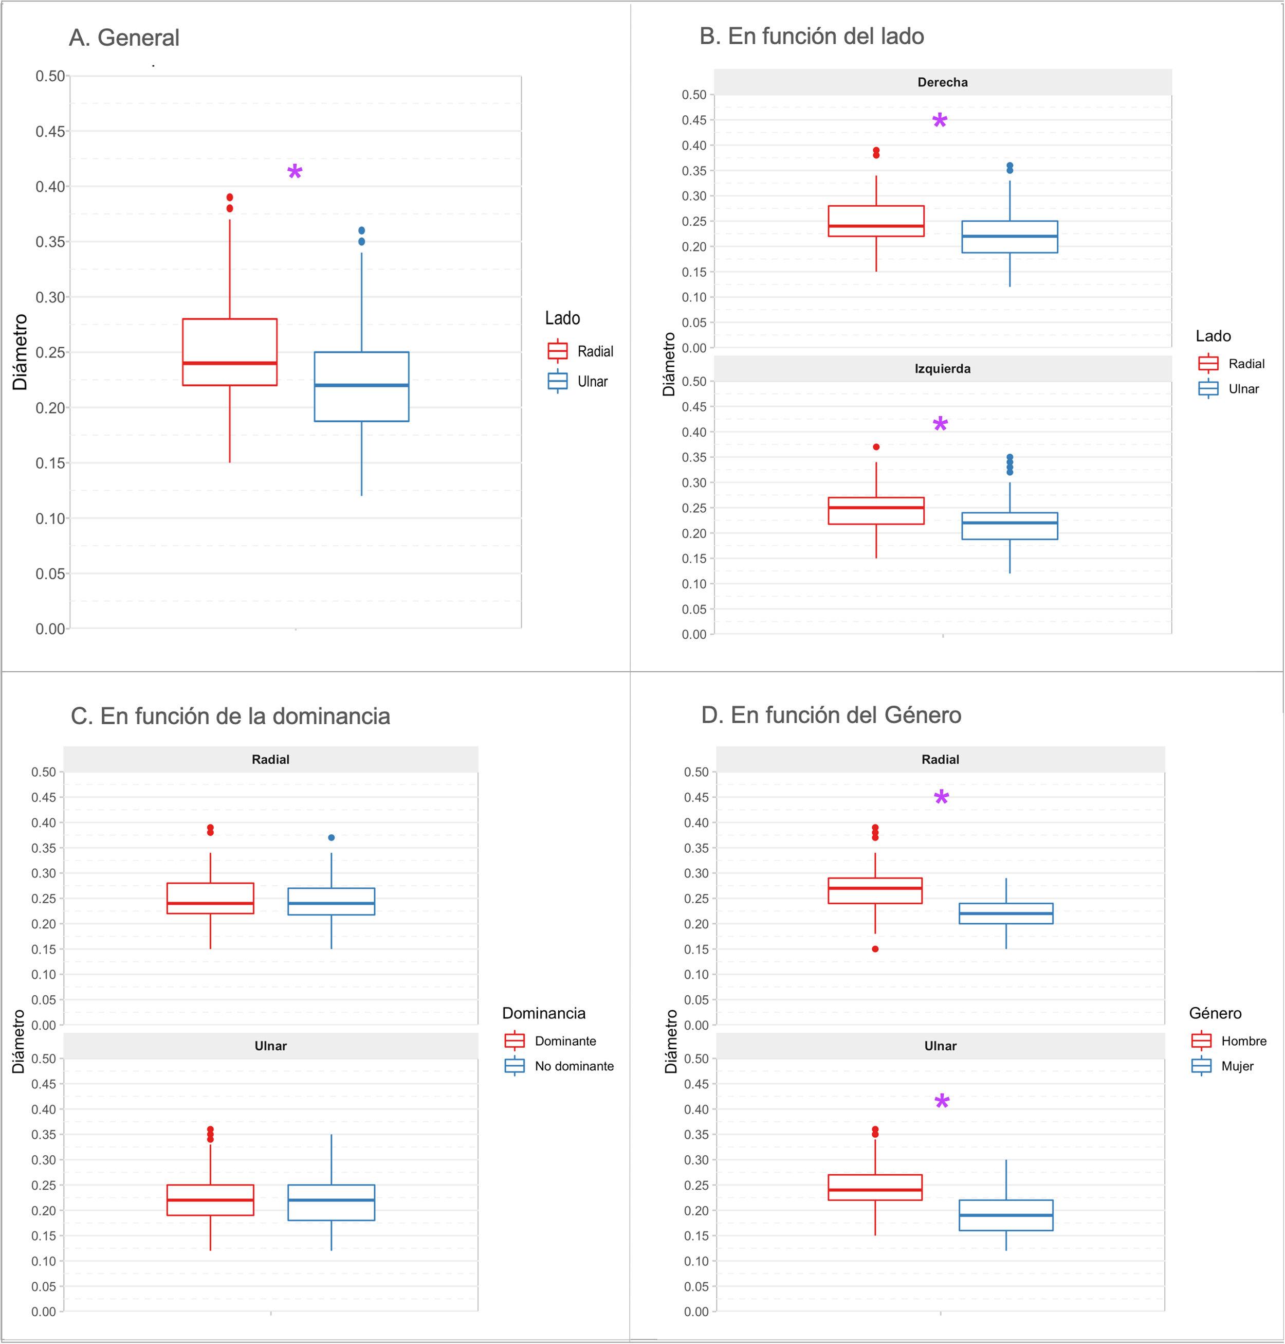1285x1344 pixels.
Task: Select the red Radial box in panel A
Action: pyautogui.click(x=229, y=352)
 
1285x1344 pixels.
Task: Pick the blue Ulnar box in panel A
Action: pyautogui.click(x=362, y=387)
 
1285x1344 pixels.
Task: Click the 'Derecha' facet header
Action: pyautogui.click(x=943, y=82)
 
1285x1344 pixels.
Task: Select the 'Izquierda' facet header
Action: pyautogui.click(x=943, y=369)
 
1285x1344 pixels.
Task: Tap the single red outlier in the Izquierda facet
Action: pyautogui.click(x=876, y=447)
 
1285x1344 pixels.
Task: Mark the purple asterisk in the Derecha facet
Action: pyautogui.click(x=940, y=122)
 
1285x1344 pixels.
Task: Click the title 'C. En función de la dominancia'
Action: pyautogui.click(x=230, y=716)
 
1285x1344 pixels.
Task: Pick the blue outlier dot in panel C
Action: pyautogui.click(x=332, y=837)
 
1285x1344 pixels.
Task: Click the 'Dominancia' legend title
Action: pyautogui.click(x=544, y=1014)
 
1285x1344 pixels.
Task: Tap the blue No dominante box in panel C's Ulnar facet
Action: pyautogui.click(x=332, y=1203)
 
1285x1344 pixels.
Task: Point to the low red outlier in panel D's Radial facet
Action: pyautogui.click(x=875, y=949)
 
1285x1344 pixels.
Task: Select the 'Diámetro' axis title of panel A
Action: pyautogui.click(x=20, y=352)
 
